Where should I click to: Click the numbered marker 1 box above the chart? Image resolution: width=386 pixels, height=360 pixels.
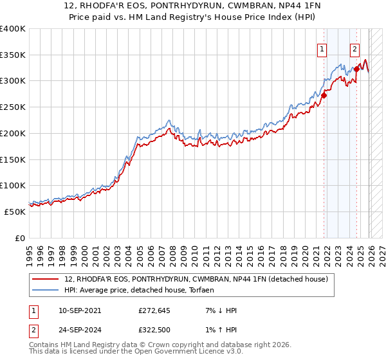tap(321, 48)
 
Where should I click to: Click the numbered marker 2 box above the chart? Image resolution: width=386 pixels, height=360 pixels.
tap(354, 48)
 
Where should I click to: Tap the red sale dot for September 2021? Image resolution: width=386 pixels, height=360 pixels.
tap(324, 95)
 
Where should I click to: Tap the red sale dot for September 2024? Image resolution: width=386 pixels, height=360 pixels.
tap(356, 69)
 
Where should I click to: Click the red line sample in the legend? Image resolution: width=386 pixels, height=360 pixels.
tap(46, 280)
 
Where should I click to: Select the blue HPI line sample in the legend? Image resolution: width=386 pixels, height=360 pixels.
tap(46, 291)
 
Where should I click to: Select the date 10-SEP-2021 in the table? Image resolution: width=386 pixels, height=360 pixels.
tap(80, 310)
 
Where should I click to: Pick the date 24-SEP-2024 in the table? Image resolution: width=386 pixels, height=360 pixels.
tap(80, 332)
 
